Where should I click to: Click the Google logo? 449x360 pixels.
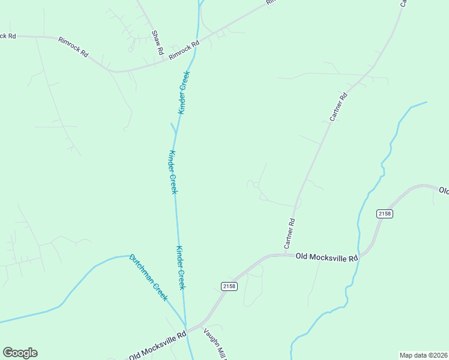pyautogui.click(x=20, y=353)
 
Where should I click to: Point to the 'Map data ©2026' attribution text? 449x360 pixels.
pyautogui.click(x=423, y=355)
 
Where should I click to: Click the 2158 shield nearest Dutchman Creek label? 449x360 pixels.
pyautogui.click(x=229, y=286)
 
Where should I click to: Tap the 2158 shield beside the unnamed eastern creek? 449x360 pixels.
pyautogui.click(x=385, y=214)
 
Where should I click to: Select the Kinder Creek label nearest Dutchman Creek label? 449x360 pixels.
pyautogui.click(x=180, y=268)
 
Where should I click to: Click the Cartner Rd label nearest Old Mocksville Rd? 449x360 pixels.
pyautogui.click(x=289, y=234)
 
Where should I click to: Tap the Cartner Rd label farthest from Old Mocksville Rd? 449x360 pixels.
pyautogui.click(x=339, y=107)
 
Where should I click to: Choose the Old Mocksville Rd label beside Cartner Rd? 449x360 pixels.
pyautogui.click(x=327, y=257)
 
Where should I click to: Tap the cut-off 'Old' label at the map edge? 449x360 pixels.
pyautogui.click(x=444, y=191)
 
